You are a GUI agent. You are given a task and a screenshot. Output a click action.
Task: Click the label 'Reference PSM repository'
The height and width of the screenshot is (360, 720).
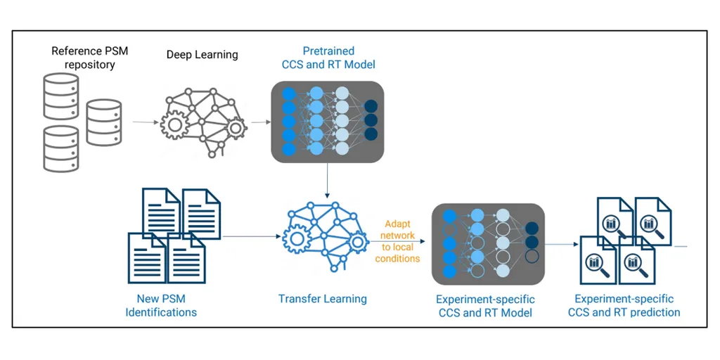tap(89, 58)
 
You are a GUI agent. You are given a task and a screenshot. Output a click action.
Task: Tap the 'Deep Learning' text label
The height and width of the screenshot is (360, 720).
tap(202, 55)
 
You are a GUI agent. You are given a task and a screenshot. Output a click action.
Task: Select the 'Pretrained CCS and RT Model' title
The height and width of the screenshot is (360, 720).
tap(328, 58)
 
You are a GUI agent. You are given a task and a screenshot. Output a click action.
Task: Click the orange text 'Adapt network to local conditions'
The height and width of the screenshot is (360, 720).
tap(398, 241)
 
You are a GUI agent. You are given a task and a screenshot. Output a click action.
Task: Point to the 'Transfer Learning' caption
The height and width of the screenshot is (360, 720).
tap(322, 299)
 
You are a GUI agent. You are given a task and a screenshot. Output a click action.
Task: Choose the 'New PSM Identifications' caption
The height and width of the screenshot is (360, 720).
tap(161, 306)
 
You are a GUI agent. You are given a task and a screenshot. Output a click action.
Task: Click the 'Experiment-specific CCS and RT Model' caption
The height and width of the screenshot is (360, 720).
tap(485, 307)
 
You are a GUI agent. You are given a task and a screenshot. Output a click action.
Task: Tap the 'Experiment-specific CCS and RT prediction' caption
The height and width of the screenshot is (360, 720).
tap(624, 306)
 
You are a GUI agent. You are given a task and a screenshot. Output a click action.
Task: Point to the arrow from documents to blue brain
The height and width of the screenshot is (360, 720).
tap(251, 237)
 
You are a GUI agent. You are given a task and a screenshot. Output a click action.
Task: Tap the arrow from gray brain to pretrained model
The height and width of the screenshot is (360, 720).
tap(261, 122)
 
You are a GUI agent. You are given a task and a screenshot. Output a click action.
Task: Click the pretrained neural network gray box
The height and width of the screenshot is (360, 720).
tap(328, 122)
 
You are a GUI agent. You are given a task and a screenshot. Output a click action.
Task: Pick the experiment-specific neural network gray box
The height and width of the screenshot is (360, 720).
tap(488, 244)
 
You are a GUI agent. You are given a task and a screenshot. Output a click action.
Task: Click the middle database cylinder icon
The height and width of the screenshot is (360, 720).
tap(103, 122)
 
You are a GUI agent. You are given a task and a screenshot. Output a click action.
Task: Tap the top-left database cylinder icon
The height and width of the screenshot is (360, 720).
tap(60, 96)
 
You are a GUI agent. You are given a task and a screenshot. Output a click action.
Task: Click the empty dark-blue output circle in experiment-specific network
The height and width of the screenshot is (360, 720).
tap(532, 256)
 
